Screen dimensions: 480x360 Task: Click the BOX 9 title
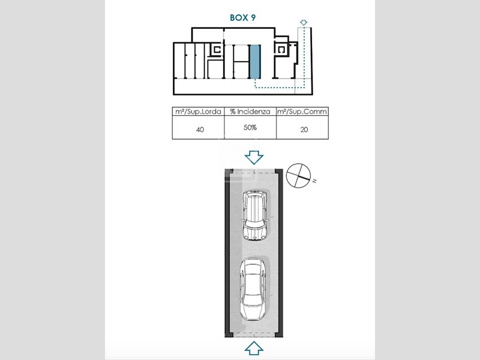point(242,18)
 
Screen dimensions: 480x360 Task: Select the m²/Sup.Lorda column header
point(198,112)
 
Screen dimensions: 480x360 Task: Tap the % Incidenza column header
point(250,112)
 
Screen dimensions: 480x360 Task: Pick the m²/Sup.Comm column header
point(302,112)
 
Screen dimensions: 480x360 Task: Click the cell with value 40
point(200,130)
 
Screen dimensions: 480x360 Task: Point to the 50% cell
point(250,127)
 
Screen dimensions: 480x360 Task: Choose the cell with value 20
point(304,130)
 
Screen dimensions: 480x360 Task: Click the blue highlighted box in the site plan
point(254,61)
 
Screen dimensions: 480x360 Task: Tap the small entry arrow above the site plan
point(304,22)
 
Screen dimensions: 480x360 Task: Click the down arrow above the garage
point(254,157)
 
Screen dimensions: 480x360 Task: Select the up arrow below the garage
point(254,349)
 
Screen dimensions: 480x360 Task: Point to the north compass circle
point(298,175)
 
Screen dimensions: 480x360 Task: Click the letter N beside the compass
point(314,181)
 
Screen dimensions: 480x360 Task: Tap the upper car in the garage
point(255,215)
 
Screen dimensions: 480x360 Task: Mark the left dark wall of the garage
point(227,253)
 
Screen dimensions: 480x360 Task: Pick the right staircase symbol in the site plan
point(281,50)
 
